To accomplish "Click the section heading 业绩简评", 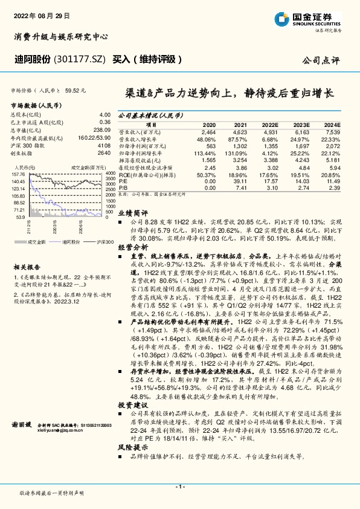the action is pos(132,213).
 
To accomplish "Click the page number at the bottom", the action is pos(180,487).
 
